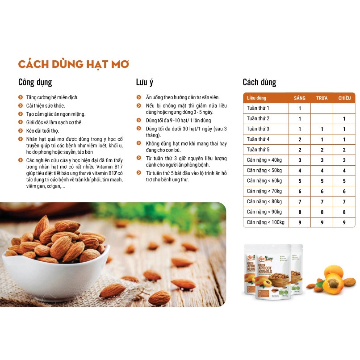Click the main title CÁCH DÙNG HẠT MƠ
coord(73,63)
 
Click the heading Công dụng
coord(35,82)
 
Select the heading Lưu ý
coord(145,82)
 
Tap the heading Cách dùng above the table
coord(259,82)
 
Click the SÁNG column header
coord(300,98)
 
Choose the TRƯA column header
coord(322,98)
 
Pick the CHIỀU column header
coord(344,98)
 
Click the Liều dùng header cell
coord(256,98)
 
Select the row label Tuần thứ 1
coord(258,108)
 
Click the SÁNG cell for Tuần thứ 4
coord(300,139)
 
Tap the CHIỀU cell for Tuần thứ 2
coord(344,119)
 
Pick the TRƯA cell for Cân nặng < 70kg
coord(322,191)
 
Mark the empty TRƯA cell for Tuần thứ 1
coord(322,108)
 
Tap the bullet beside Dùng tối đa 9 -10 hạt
coord(139,121)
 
